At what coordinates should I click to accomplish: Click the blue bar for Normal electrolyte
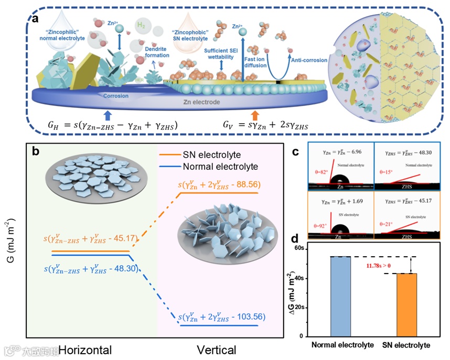(x=340, y=296)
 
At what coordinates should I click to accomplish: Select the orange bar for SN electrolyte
(x=406, y=304)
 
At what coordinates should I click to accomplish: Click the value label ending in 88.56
(x=219, y=184)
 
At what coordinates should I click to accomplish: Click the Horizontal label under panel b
(x=85, y=350)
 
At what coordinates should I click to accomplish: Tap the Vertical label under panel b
(x=216, y=350)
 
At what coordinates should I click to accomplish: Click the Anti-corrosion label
(x=309, y=60)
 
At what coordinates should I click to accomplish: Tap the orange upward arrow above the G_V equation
(x=255, y=113)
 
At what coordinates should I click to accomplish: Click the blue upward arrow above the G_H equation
(x=108, y=113)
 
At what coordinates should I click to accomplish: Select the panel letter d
(x=298, y=242)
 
